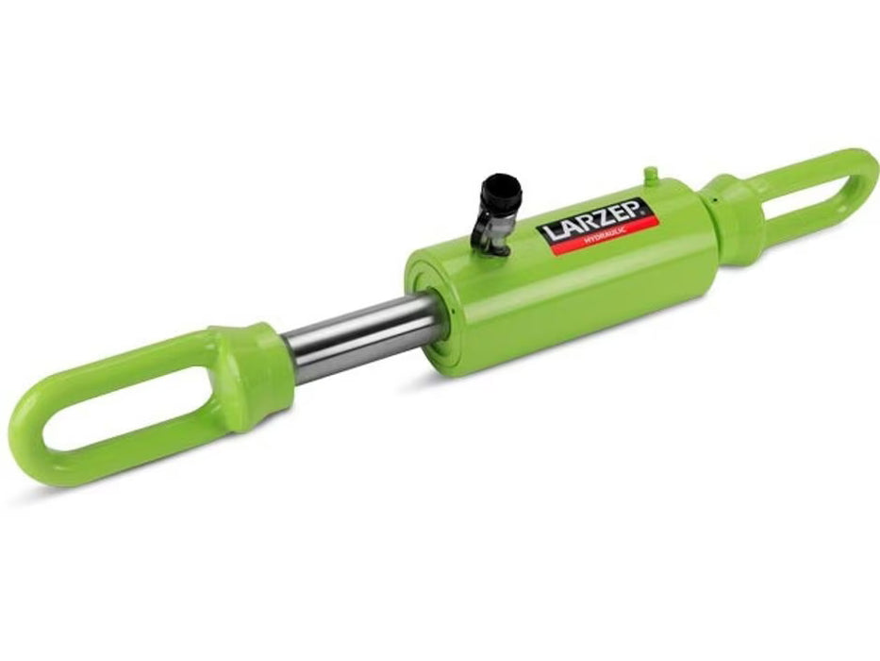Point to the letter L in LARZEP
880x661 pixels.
click(547, 233)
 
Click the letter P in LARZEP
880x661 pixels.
click(625, 209)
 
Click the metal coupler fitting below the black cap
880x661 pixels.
click(490, 236)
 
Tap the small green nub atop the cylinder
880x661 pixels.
click(649, 175)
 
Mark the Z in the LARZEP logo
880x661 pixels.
click(594, 218)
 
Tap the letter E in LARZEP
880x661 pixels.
click(610, 213)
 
